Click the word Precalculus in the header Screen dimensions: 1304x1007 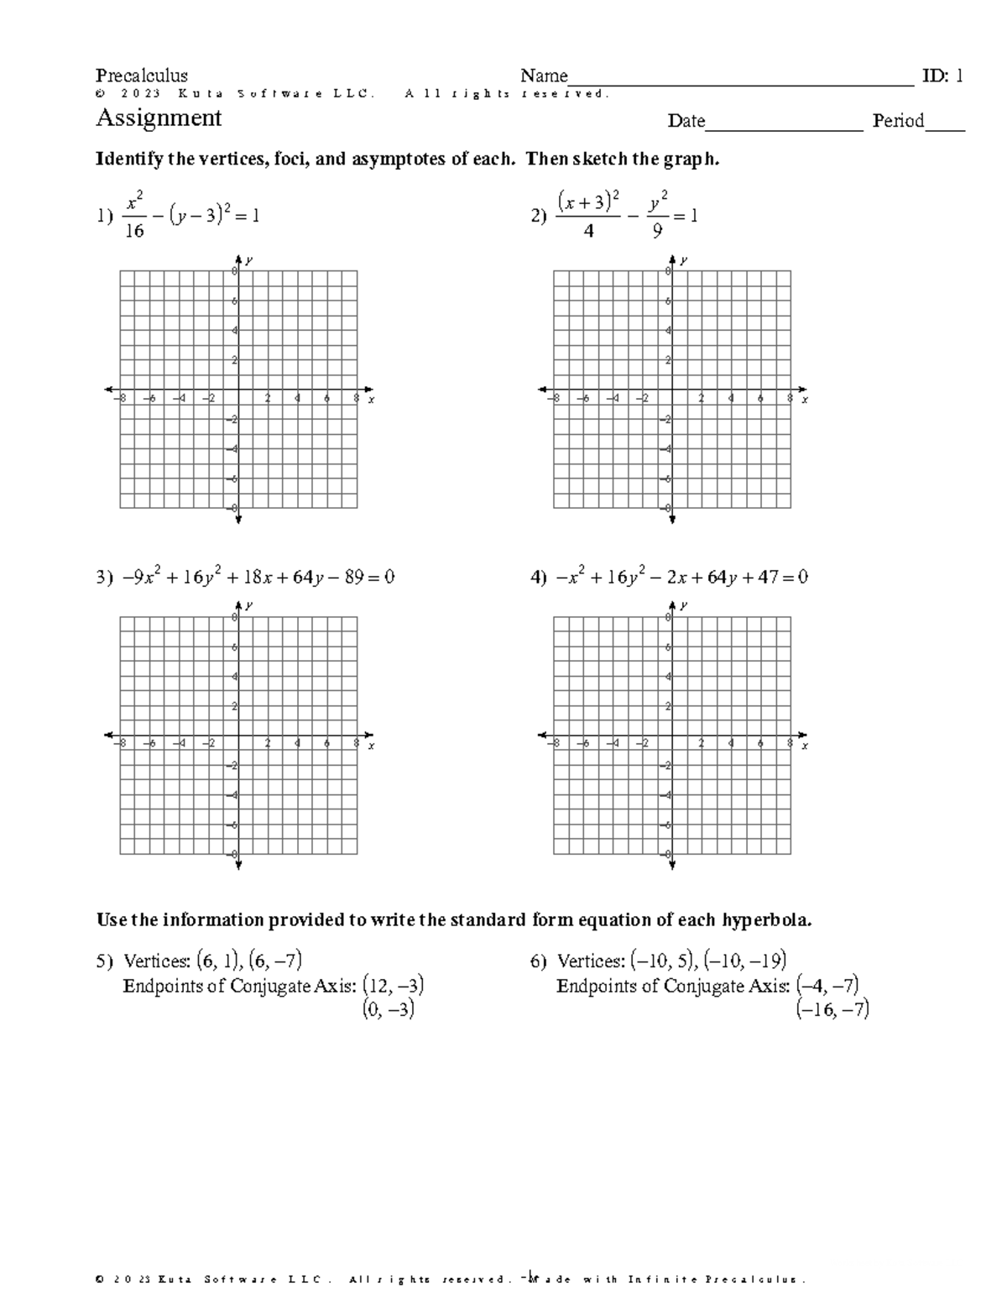click(x=142, y=76)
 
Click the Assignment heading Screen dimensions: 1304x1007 click(x=159, y=118)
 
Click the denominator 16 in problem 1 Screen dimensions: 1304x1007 click(x=134, y=231)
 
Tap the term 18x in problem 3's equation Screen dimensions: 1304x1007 click(x=240, y=578)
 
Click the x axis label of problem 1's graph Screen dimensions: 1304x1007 click(x=371, y=401)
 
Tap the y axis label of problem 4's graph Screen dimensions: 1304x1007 click(x=683, y=605)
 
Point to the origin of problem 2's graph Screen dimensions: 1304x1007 click(x=672, y=390)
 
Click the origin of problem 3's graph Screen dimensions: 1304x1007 click(x=238, y=736)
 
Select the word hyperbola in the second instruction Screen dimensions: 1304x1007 click(x=767, y=920)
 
